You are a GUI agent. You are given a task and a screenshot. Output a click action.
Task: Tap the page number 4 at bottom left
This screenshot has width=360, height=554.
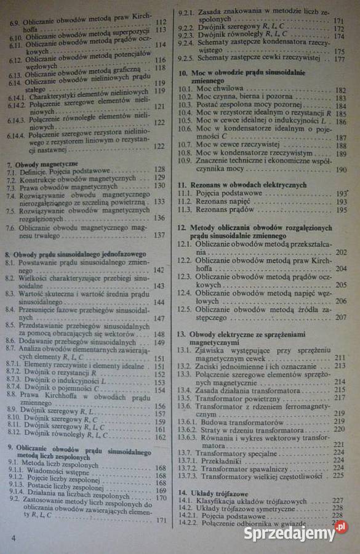click(13, 538)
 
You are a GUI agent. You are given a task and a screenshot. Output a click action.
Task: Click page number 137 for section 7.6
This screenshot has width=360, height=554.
click(159, 235)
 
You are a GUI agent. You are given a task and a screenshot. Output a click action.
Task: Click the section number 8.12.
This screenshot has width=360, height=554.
click(14, 436)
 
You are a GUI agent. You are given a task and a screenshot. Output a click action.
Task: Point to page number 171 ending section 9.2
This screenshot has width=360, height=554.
click(161, 520)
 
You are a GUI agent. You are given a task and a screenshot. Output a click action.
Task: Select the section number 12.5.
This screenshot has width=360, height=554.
click(184, 309)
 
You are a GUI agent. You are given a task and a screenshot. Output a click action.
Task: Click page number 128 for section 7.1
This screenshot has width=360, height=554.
click(159, 169)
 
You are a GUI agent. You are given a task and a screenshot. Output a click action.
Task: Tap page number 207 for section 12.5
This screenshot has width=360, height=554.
click(341, 317)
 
